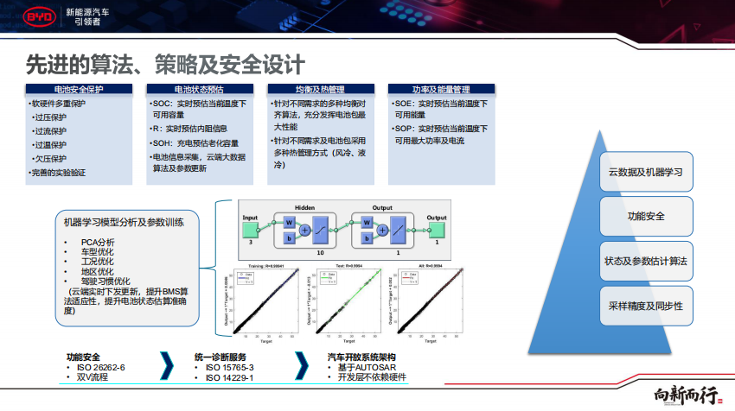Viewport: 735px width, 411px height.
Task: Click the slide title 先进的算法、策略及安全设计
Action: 164,65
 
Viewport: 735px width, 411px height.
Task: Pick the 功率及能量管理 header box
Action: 441,89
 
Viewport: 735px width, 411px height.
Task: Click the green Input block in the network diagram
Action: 250,229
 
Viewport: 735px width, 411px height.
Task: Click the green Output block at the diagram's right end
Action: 437,229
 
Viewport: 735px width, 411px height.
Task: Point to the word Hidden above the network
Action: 304,208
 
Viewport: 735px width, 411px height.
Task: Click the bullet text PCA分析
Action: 97,243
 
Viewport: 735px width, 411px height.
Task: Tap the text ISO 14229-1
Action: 229,377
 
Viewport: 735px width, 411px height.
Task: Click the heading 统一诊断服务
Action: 220,357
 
